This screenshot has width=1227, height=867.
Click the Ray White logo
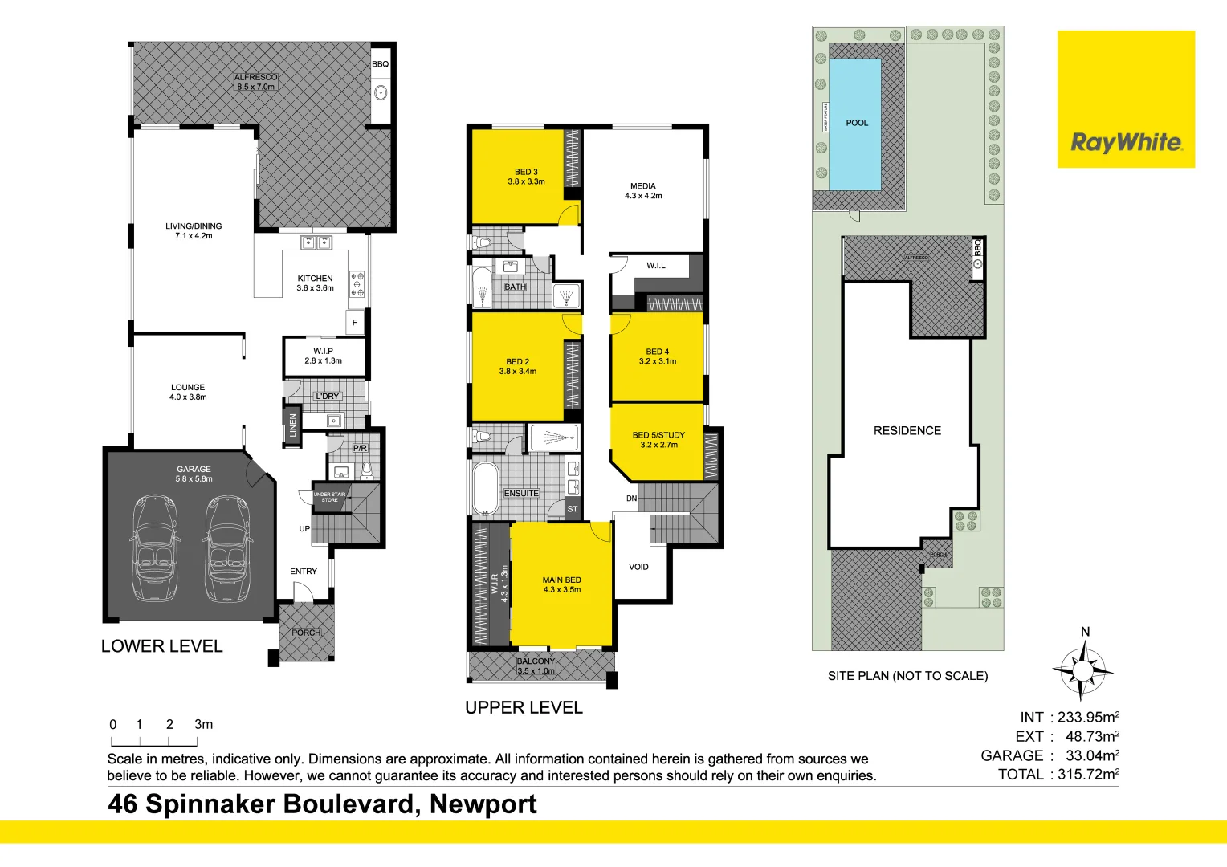pos(1126,143)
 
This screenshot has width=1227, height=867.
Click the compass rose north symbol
pos(1082,669)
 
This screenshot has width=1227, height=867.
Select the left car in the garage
pos(156,548)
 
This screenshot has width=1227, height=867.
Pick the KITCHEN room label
pos(315,279)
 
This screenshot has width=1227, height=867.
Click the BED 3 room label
pos(526,172)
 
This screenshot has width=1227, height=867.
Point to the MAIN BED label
pos(561,580)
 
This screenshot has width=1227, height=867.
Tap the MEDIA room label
pos(643,186)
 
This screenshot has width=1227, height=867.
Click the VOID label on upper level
pos(638,567)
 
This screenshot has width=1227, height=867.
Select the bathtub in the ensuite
pos(485,488)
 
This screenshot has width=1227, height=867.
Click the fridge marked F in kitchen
pos(354,323)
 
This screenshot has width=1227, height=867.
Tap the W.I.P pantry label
pos(323,351)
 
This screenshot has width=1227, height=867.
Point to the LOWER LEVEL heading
pos(161,646)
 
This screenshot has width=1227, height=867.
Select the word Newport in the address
pos(483,804)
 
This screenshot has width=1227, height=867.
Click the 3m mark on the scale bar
pos(203,725)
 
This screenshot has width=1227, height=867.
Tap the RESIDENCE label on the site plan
pos(907,431)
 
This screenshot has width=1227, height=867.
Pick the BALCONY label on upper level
pos(536,661)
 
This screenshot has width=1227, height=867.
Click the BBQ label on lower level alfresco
pos(380,64)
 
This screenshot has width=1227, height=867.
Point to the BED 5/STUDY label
pos(658,435)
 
